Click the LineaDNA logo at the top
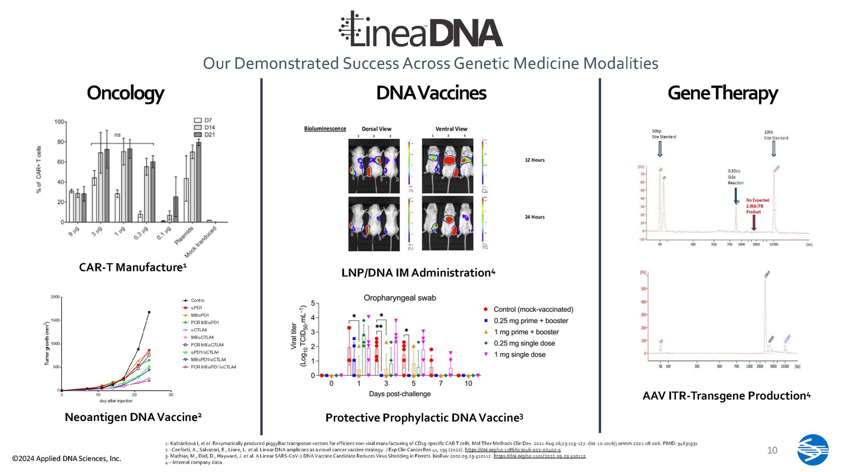(x=421, y=29)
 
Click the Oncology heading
(x=125, y=93)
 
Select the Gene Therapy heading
(x=722, y=93)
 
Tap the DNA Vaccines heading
(x=431, y=93)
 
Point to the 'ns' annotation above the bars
(x=117, y=135)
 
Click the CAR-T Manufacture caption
(x=132, y=267)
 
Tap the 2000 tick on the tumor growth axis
(x=55, y=297)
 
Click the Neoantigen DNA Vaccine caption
(x=133, y=417)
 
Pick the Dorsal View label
(x=376, y=129)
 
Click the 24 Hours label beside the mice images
(x=534, y=217)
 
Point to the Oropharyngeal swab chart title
(x=400, y=298)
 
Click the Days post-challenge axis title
(x=400, y=394)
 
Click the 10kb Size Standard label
(x=775, y=135)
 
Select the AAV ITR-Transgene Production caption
(x=726, y=396)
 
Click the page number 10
(x=772, y=450)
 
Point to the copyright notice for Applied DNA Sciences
(x=66, y=459)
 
